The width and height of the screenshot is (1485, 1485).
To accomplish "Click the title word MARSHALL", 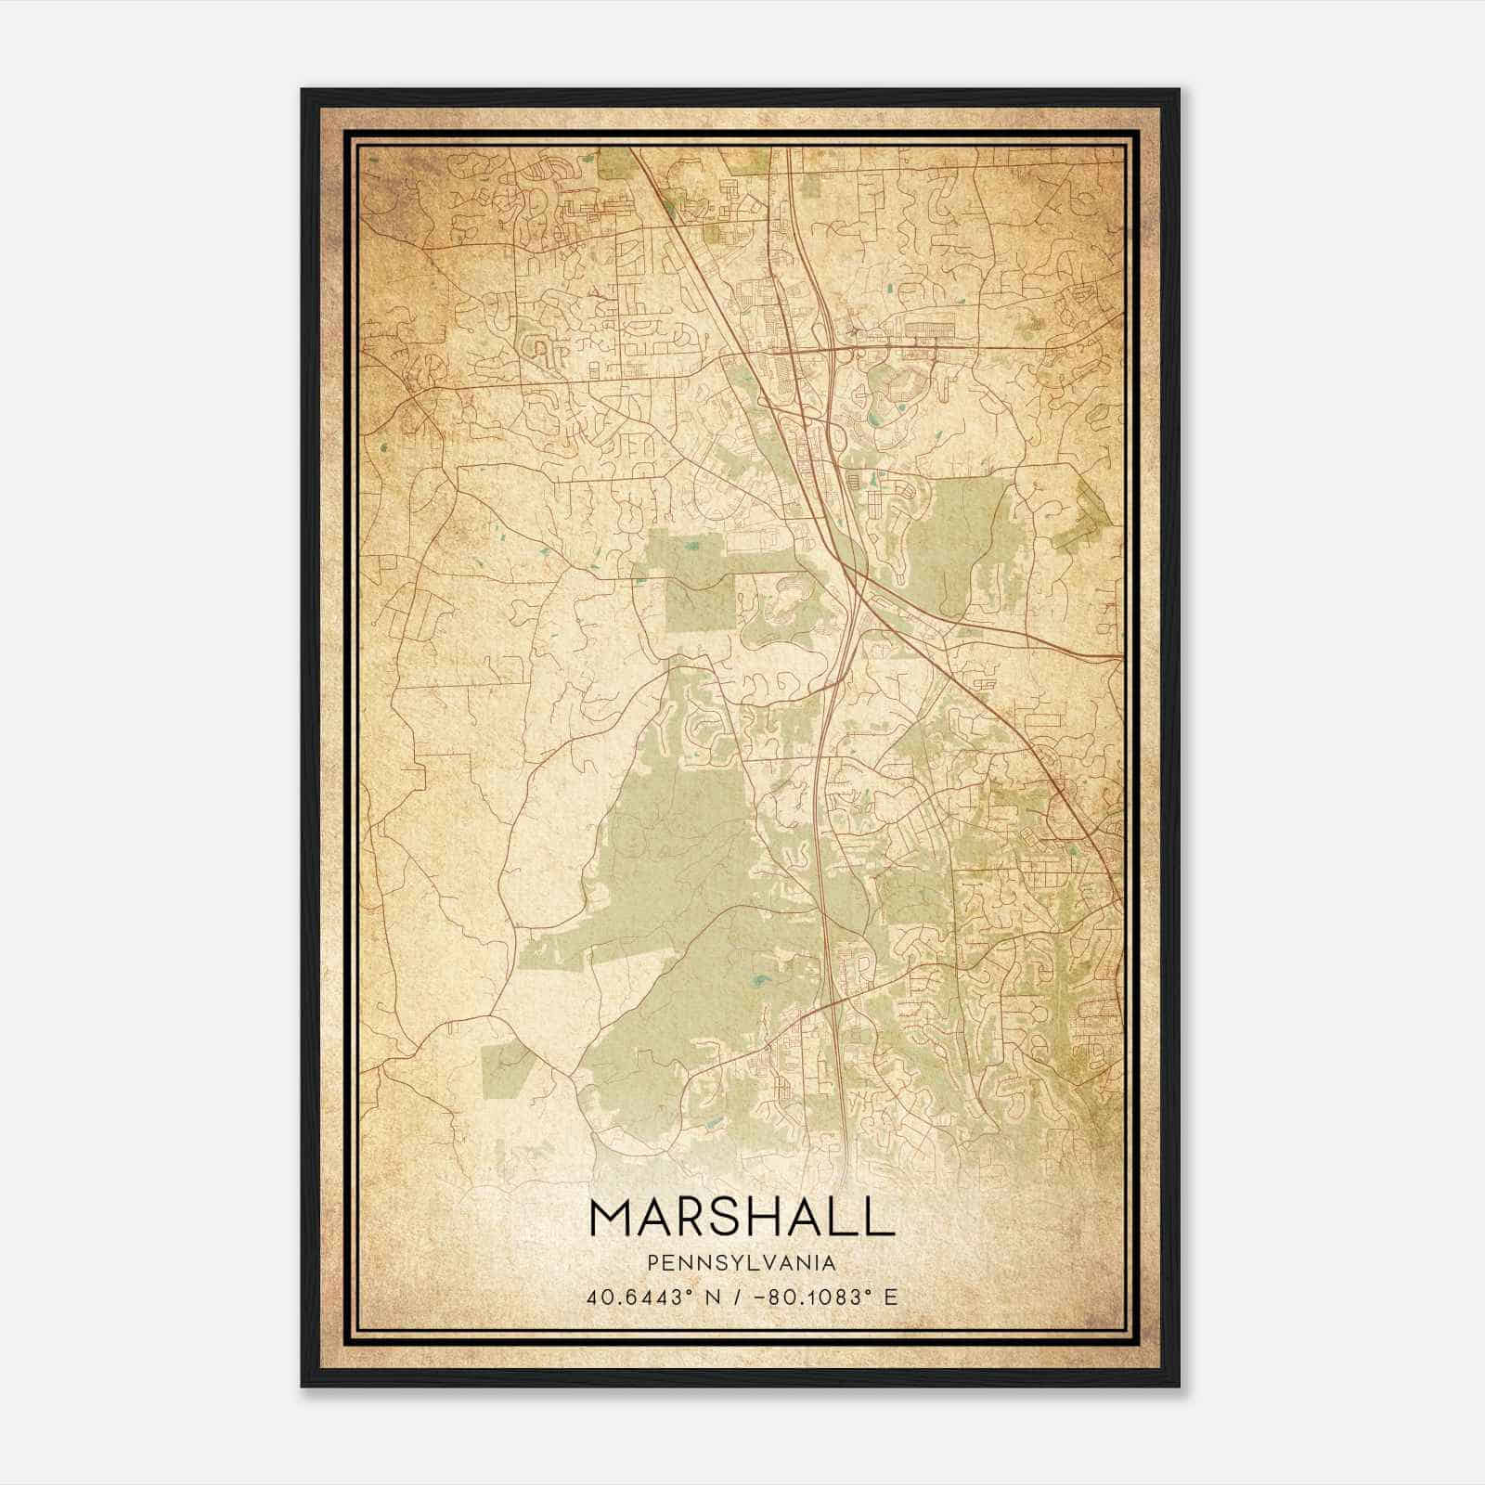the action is coord(741,1218).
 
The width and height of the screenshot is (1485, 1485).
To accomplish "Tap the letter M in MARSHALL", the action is coord(611,1218).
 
